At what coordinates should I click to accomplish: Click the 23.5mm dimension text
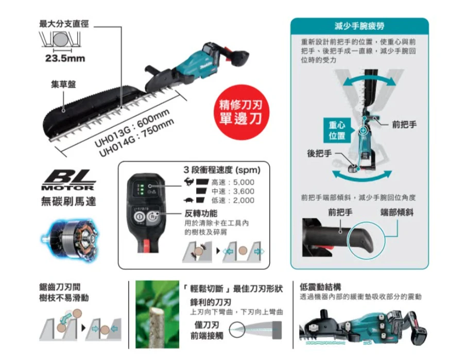[65, 58]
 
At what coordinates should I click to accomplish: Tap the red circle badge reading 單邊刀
[241, 112]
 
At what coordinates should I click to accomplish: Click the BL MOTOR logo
[69, 180]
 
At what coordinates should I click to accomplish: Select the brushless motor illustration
[71, 239]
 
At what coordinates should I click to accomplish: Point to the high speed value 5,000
[244, 182]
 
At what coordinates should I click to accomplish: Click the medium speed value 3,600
[244, 191]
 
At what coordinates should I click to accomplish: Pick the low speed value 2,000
[244, 200]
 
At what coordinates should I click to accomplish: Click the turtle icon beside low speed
[188, 200]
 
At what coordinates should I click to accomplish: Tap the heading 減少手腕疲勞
[359, 26]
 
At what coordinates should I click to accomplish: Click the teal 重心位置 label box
[337, 130]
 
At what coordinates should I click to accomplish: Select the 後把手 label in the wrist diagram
[319, 153]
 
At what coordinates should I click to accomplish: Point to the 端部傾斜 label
[396, 212]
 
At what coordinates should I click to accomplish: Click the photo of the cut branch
[157, 314]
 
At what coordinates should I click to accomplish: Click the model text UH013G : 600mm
[132, 128]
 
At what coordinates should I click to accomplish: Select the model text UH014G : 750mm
[136, 138]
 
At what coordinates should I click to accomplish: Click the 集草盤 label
[63, 84]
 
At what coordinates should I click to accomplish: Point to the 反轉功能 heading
[201, 213]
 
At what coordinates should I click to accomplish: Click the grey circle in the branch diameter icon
[61, 39]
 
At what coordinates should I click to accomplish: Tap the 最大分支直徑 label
[64, 24]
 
